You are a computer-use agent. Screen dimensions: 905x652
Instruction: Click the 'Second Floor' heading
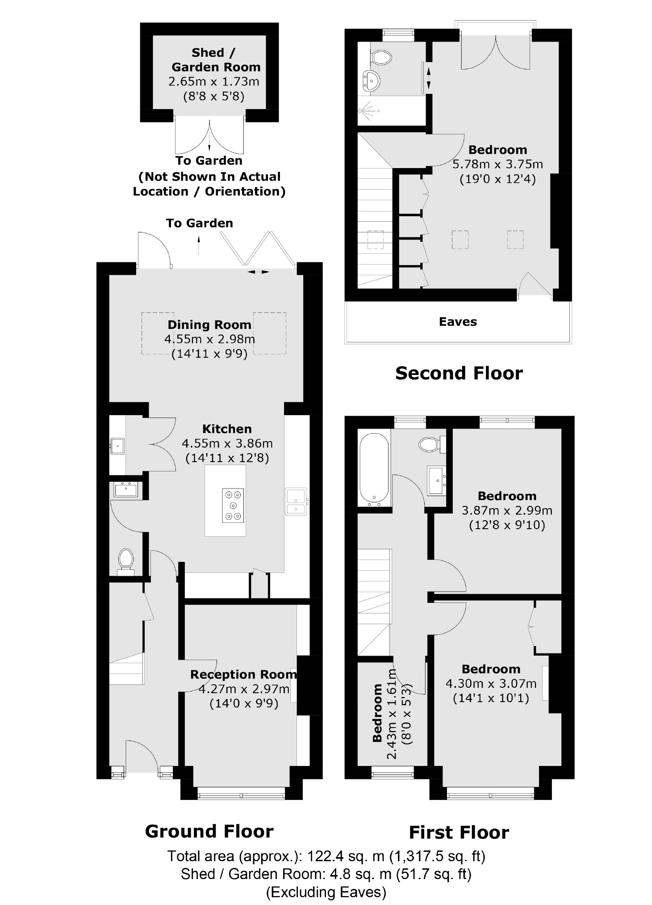[x=459, y=373]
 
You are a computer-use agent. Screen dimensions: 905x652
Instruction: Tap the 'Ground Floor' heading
[x=209, y=831]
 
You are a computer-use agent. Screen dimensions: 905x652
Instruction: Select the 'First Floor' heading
[x=459, y=833]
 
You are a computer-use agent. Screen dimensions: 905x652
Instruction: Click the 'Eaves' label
[x=458, y=322]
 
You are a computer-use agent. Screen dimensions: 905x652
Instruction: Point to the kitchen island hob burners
[x=234, y=505]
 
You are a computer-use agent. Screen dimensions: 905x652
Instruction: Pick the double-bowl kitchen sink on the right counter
[x=296, y=501]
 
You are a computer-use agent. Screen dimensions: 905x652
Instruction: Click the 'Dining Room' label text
[x=209, y=325]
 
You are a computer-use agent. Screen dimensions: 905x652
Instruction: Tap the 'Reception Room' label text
[x=243, y=674]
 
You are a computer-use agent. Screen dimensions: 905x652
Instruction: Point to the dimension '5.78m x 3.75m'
[x=497, y=164]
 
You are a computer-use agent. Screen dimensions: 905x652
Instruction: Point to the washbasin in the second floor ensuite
[x=372, y=80]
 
